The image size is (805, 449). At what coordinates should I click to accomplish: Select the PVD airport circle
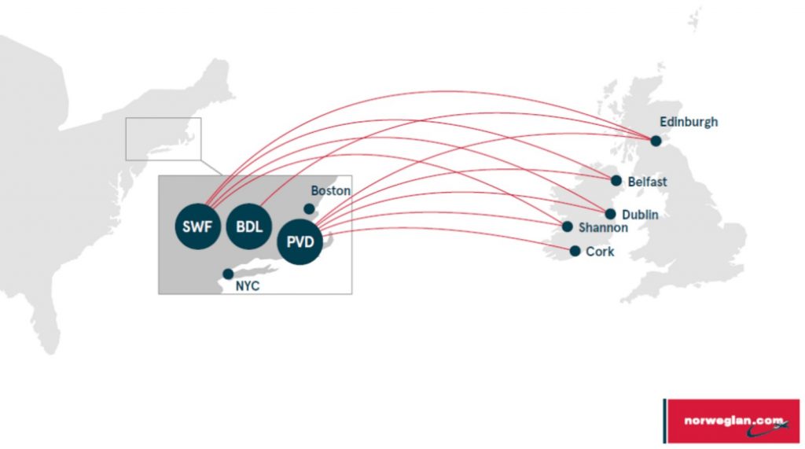[300, 242]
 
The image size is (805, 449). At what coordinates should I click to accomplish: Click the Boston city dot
[309, 208]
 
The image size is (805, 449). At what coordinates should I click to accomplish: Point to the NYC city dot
[228, 274]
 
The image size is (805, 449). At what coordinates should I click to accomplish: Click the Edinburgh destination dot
[656, 140]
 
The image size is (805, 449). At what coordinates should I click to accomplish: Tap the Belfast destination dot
[616, 180]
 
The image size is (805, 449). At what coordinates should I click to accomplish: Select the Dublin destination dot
[610, 214]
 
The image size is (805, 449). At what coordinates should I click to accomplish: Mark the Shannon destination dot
[567, 226]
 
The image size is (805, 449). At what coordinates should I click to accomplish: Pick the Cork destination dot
[575, 251]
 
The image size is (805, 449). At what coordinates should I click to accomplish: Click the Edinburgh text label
[689, 122]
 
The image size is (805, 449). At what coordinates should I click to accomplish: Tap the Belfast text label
[647, 182]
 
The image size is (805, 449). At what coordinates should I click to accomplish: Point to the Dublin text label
[640, 214]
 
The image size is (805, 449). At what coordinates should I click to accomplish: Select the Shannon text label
[603, 228]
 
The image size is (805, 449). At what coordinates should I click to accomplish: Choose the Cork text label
[600, 252]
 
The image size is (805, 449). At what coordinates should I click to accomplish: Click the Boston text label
[331, 191]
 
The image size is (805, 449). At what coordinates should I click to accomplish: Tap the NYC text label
[247, 287]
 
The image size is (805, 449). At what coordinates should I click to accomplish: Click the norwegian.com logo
[731, 421]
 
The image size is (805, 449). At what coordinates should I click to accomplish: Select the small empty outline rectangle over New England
[164, 139]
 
